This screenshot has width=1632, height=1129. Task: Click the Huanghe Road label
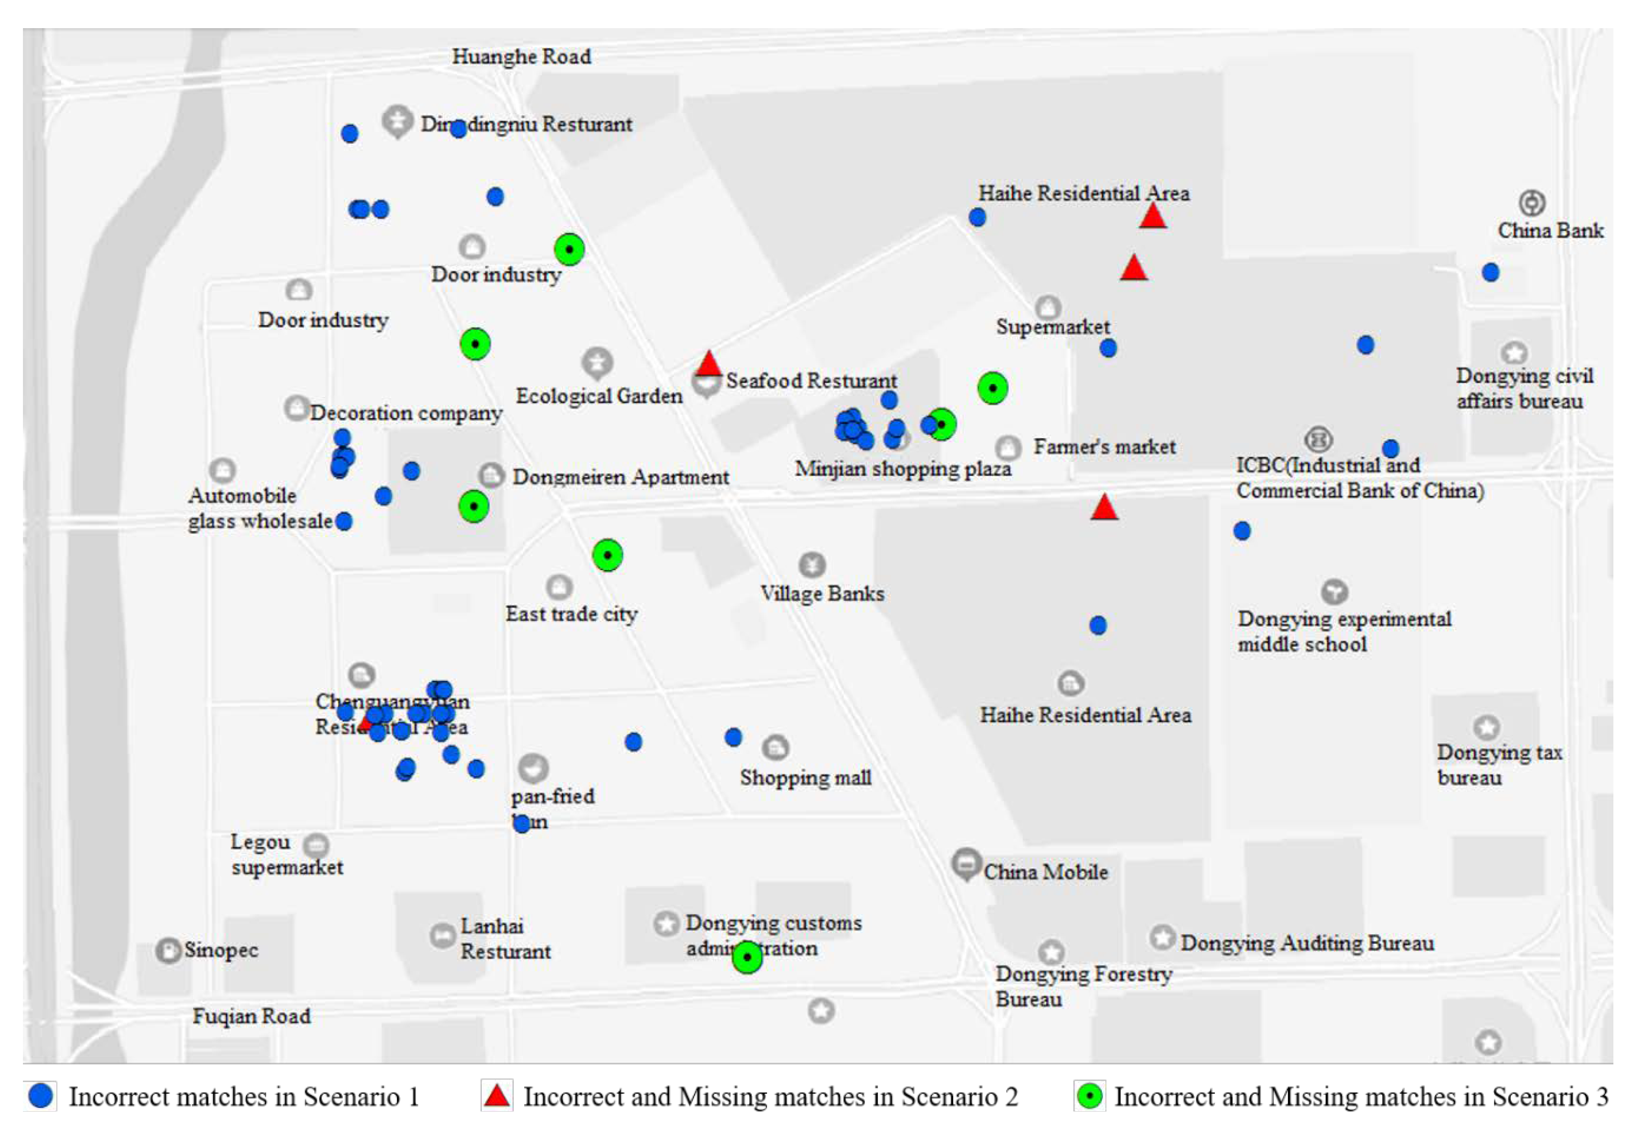(x=521, y=57)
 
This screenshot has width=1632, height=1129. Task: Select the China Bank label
(x=1550, y=231)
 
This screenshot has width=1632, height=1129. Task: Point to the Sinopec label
(x=221, y=950)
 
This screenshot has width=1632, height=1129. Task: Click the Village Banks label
(x=822, y=594)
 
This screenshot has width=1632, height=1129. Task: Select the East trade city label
(x=571, y=614)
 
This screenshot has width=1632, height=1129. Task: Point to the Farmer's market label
(x=1104, y=447)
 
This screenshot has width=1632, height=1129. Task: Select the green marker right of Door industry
(x=569, y=250)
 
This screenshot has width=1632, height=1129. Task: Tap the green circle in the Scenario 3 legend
(x=1090, y=1097)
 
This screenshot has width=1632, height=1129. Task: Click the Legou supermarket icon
(x=316, y=845)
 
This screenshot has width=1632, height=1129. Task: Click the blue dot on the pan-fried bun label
(x=521, y=823)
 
